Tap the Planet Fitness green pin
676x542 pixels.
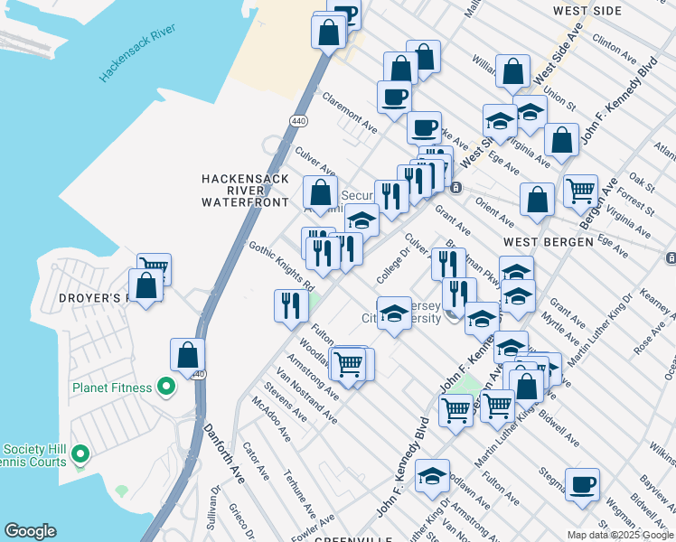[x=165, y=388]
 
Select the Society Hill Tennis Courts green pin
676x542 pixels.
[x=80, y=453]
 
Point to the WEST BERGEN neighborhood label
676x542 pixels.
[x=548, y=242]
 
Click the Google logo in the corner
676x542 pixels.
[x=30, y=531]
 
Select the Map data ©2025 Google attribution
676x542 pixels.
[x=619, y=535]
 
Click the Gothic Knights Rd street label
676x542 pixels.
[x=281, y=266]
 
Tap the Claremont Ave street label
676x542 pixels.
[x=349, y=110]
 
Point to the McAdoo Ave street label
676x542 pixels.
[x=271, y=420]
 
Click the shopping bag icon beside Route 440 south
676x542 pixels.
[x=187, y=356]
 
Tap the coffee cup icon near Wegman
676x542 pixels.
[x=582, y=483]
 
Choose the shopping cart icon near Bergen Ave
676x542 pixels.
[x=580, y=191]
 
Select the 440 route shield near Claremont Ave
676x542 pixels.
[x=296, y=120]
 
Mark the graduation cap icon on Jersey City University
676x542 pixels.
[x=394, y=313]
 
